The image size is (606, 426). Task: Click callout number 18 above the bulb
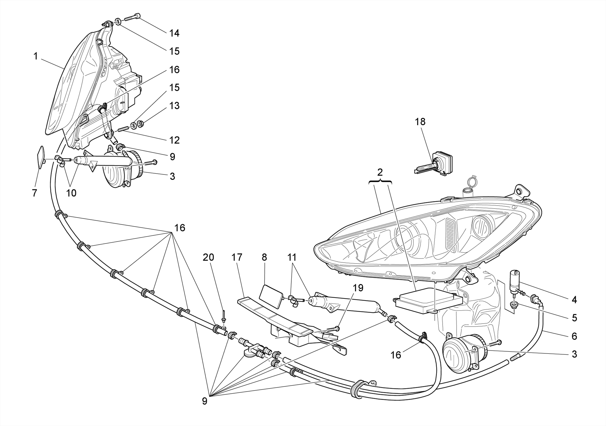coord(420,122)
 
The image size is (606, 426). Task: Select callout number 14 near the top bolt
coord(174,33)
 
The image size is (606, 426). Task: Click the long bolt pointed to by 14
coord(132,17)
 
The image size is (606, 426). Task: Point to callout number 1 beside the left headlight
coord(36,56)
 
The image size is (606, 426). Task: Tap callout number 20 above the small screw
coord(208,257)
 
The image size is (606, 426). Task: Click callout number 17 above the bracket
coord(237,257)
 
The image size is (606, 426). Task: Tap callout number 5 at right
coord(574,318)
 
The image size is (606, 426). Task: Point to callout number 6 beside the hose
coord(574,336)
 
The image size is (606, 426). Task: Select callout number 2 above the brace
coord(380,172)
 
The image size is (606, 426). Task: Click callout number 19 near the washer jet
coord(358,288)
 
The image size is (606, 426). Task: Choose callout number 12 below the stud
coord(174,140)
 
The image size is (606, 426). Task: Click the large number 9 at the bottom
coord(204,401)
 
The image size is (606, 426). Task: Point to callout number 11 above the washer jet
coord(292,257)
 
